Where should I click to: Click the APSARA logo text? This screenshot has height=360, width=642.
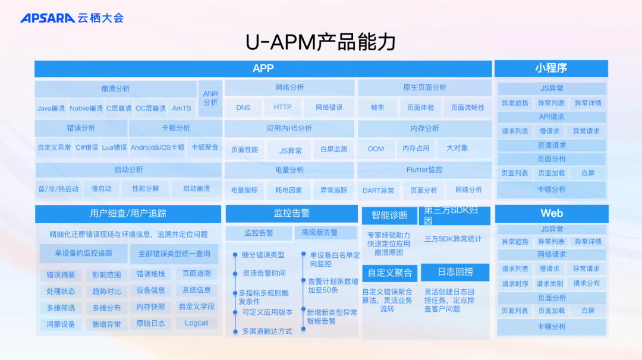tap(48, 18)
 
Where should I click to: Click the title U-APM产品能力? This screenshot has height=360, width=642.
tap(320, 43)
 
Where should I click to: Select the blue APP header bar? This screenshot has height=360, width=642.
tap(263, 68)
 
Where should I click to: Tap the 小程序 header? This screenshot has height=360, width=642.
tap(550, 68)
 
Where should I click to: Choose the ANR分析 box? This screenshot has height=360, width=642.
tap(210, 98)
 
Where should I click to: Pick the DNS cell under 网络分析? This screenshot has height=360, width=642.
tap(243, 108)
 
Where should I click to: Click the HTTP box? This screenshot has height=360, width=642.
tap(282, 108)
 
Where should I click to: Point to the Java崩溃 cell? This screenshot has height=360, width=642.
tap(51, 108)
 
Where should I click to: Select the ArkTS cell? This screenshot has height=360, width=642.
tap(182, 108)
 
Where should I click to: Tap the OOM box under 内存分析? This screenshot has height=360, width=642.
tap(376, 149)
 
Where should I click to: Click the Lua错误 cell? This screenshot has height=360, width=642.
tap(114, 147)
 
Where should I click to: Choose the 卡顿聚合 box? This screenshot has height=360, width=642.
tap(204, 147)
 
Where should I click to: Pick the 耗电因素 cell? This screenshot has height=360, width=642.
tap(288, 190)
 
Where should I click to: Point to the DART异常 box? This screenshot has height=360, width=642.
tap(379, 190)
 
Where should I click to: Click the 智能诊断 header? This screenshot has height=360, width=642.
tap(389, 215)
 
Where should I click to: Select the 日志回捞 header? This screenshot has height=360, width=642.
tap(455, 272)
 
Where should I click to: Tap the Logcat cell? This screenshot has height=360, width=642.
tap(197, 323)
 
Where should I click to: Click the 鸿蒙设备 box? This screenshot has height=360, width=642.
tap(61, 324)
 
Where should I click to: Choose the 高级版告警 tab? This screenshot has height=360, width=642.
tap(320, 232)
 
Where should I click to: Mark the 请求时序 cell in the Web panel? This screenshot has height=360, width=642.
tap(515, 284)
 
